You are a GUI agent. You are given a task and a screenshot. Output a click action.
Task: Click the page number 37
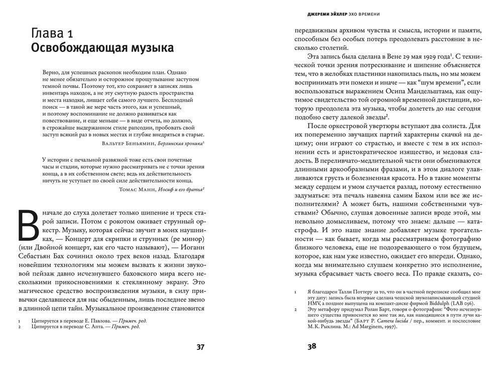tap(199, 347)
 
